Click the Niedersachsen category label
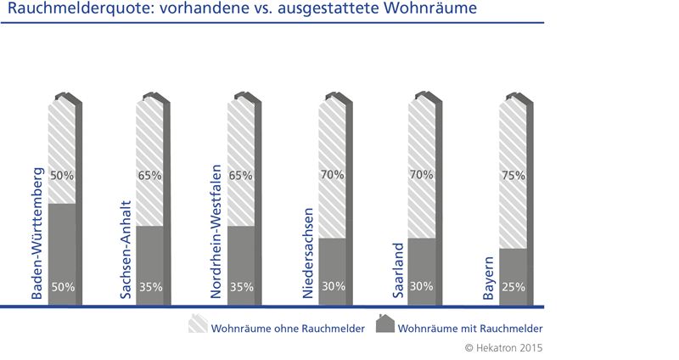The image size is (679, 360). pyautogui.click(x=309, y=253)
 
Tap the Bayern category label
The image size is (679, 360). pyautogui.click(x=489, y=277)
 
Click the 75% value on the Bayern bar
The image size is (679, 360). pyautogui.click(x=513, y=176)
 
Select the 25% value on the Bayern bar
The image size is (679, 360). pyautogui.click(x=513, y=287)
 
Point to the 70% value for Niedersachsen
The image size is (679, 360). pyautogui.click(x=333, y=176)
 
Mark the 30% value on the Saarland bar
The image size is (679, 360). pyautogui.click(x=421, y=287)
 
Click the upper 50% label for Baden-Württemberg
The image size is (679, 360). pyautogui.click(x=63, y=176)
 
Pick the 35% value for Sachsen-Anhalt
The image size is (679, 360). pyautogui.click(x=150, y=287)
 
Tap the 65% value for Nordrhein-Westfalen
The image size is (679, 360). pyautogui.click(x=241, y=176)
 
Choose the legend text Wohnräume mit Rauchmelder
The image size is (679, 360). pyautogui.click(x=469, y=328)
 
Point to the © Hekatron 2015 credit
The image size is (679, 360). pyautogui.click(x=504, y=347)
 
